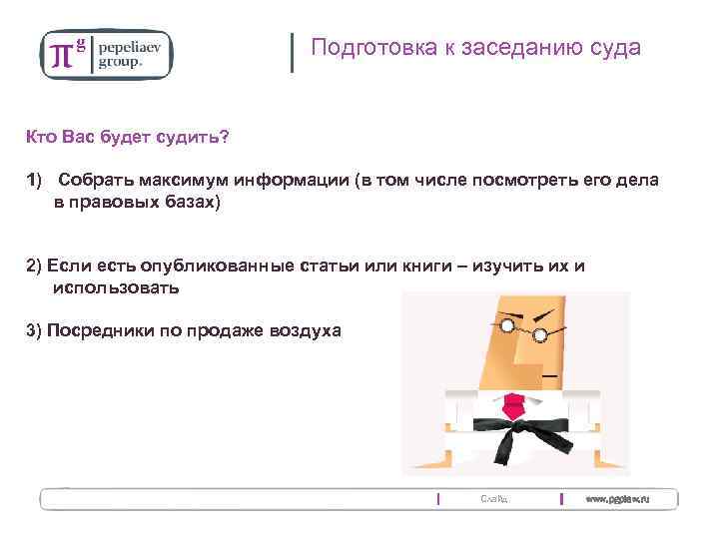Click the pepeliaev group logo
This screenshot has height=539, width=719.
point(106,53)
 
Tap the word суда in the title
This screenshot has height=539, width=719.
point(616,48)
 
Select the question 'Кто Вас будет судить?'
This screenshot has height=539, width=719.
point(127,137)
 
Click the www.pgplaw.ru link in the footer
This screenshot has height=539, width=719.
point(617,498)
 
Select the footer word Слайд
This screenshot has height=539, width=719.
point(493,498)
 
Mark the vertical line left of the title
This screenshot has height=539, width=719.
point(292,52)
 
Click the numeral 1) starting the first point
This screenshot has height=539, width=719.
point(36,181)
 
